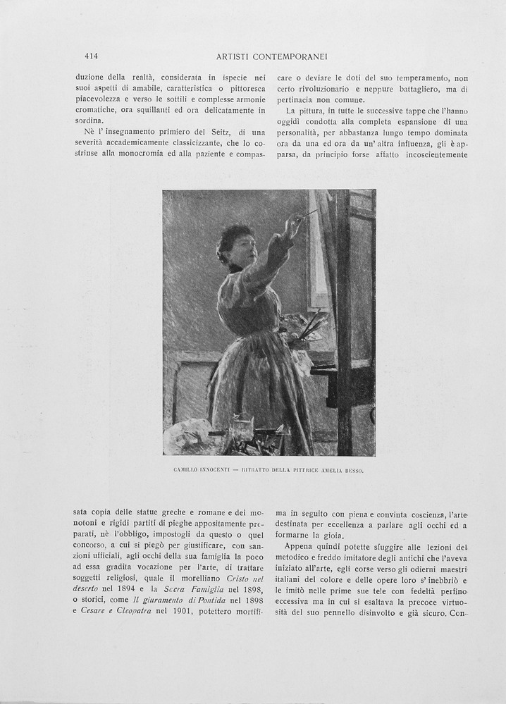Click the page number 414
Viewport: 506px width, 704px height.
(x=91, y=56)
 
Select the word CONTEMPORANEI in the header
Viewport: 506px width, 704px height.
(x=292, y=56)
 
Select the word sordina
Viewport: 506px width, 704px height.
(x=92, y=121)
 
